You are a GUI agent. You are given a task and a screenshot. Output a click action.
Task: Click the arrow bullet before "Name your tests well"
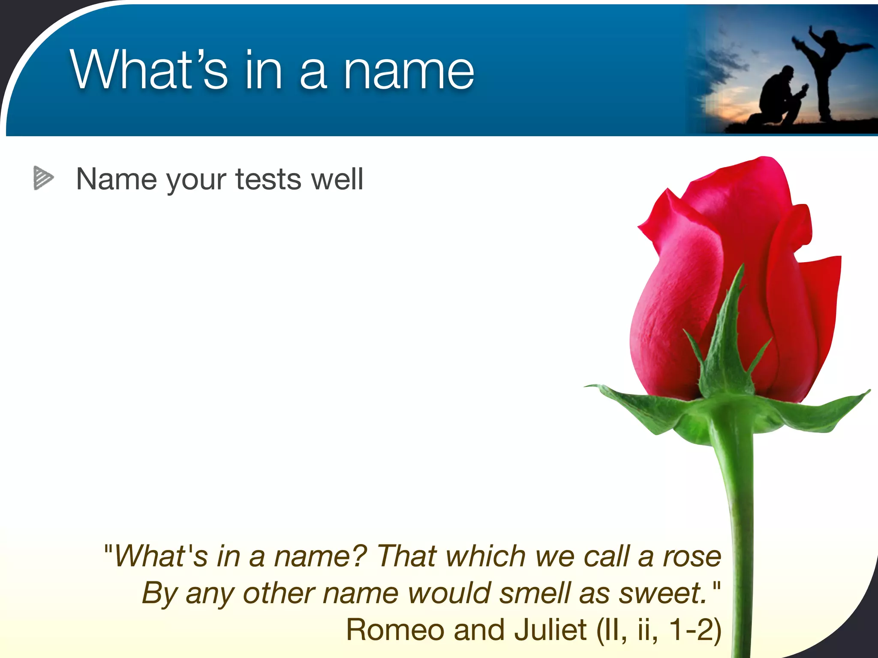(x=43, y=178)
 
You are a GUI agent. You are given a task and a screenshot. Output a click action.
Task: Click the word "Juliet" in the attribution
(x=550, y=630)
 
